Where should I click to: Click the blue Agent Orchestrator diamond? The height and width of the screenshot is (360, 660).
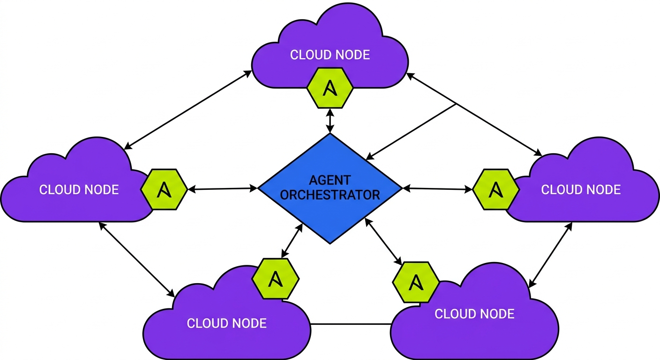pos(330,211)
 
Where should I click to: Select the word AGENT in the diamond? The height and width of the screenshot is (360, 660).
pos(330,180)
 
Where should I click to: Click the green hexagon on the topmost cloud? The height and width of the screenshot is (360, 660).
pos(330,87)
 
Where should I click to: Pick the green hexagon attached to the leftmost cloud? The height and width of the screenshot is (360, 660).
pos(164,189)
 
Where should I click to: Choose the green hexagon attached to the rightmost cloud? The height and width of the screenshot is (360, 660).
pos(495,189)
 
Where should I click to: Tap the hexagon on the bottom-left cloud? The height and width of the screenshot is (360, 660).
pos(276,279)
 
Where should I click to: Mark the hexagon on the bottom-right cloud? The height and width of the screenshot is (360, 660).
pos(416,282)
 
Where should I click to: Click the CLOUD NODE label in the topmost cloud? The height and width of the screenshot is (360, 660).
pos(330,55)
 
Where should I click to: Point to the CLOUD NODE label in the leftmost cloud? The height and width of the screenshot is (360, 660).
pos(79,189)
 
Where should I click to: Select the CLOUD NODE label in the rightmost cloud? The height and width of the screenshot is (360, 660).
pos(581,189)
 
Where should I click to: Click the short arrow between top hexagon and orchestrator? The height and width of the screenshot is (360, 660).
pos(331,120)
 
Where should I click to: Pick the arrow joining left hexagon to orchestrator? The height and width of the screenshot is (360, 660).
pos(223,189)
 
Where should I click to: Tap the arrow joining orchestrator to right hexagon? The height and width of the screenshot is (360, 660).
pos(438,189)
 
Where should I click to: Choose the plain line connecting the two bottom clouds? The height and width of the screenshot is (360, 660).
pos(351,324)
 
